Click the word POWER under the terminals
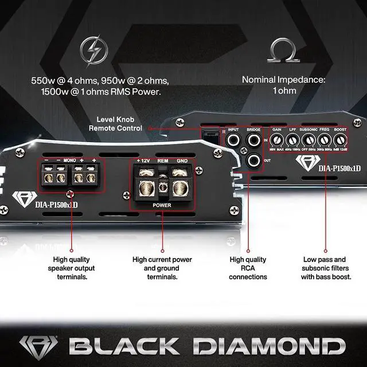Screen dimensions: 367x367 click(162, 204)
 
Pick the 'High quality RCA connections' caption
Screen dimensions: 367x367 click(248, 268)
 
